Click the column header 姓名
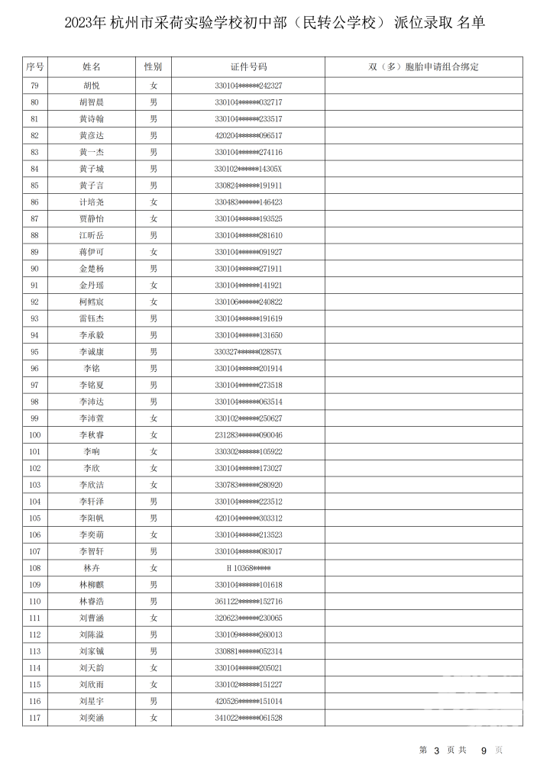[91, 67]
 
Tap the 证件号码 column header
[248, 67]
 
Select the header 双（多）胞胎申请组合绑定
[423, 67]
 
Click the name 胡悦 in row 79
[91, 86]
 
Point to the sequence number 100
[34, 435]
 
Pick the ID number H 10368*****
[248, 568]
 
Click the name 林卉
[91, 568]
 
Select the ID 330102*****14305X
[248, 169]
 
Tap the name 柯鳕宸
[91, 302]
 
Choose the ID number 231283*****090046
[248, 435]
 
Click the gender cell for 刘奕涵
[154, 718]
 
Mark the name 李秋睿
[91, 435]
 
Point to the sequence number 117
[34, 718]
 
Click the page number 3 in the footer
[436, 751]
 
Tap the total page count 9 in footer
[483, 751]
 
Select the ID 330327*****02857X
[248, 352]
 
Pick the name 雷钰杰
[91, 318]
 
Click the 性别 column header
[154, 67]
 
